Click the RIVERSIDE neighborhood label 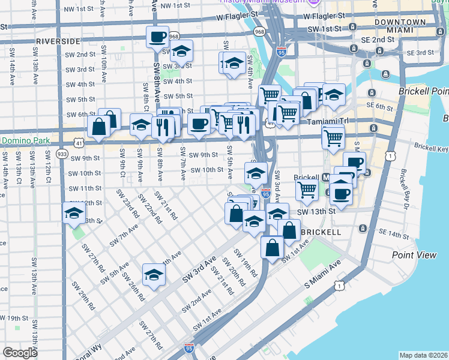click(x=58, y=41)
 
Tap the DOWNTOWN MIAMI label click(x=392, y=26)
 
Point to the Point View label click(x=414, y=255)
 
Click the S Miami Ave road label click(x=322, y=280)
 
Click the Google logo click(x=20, y=353)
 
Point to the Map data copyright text click(x=424, y=355)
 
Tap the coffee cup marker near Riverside click(x=158, y=37)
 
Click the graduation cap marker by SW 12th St click(x=74, y=213)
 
